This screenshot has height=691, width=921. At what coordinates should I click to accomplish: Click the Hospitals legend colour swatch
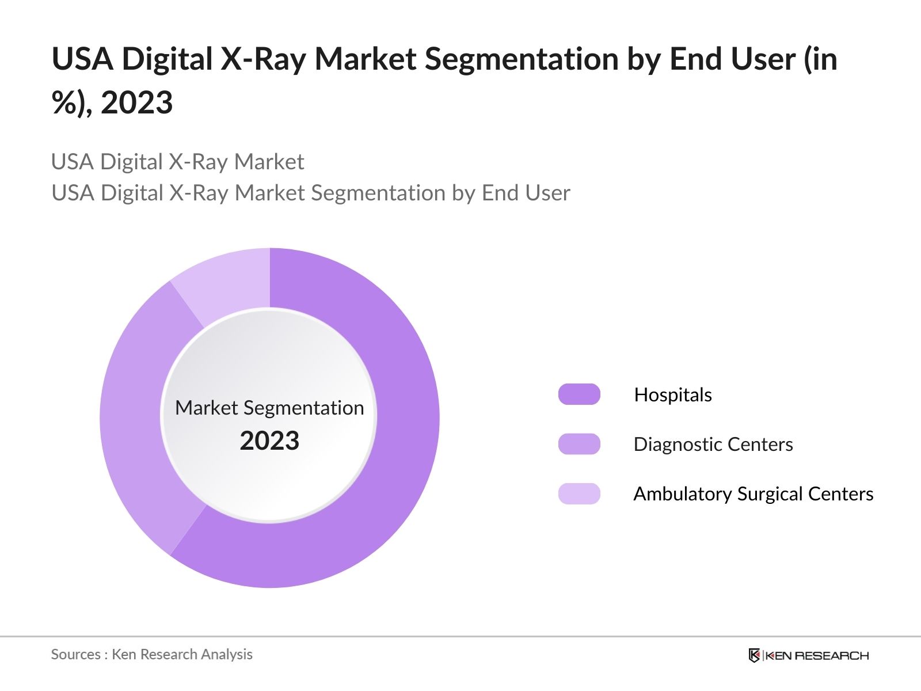(579, 394)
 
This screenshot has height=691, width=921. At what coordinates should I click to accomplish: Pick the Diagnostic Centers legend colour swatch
(579, 444)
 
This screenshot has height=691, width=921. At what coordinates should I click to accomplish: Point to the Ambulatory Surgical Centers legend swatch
(579, 493)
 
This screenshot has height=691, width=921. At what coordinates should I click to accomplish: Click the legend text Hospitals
(672, 395)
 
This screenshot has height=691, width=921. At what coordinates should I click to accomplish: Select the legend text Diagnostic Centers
(713, 445)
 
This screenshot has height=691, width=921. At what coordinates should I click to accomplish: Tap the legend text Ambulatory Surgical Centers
(753, 494)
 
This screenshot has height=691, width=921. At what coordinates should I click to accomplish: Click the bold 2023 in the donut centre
(269, 441)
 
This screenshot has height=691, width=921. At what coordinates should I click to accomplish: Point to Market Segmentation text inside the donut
(269, 408)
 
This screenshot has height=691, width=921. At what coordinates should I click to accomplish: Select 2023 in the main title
(136, 103)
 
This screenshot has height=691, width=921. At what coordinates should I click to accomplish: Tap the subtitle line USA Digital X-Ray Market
(177, 162)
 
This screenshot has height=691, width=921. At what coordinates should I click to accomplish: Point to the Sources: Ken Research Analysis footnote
(151, 654)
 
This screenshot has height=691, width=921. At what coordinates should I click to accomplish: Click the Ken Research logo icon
(754, 655)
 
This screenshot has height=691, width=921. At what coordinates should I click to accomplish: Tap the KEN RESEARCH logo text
(817, 655)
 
